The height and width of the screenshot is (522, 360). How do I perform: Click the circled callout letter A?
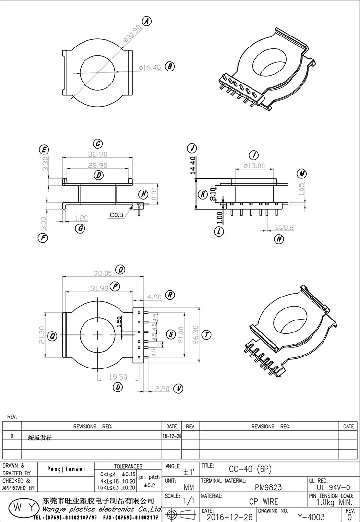[x=147, y=21]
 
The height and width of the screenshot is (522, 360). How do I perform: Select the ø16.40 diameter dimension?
[x=150, y=68]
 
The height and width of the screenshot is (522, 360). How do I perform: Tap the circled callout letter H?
[x=143, y=194]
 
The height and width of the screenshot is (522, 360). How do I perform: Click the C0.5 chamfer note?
[x=117, y=215]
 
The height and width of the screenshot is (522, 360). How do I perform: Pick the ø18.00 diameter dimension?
[x=254, y=166]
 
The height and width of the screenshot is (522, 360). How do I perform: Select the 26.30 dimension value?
[x=194, y=334]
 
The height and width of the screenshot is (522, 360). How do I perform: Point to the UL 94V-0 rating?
[x=334, y=487]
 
